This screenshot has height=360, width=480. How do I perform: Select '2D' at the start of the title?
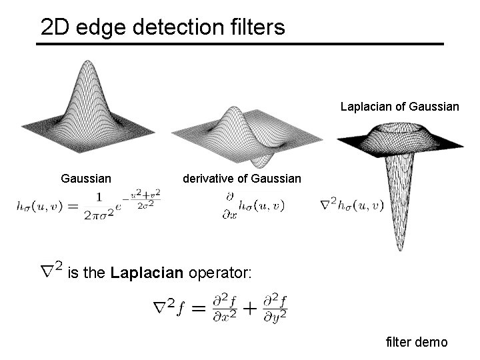pyautogui.click(x=55, y=27)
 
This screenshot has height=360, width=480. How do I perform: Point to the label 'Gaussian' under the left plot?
pyautogui.click(x=86, y=179)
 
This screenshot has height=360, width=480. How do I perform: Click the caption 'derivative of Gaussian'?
pyautogui.click(x=242, y=179)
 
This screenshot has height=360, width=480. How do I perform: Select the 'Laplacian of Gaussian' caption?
pyautogui.click(x=400, y=105)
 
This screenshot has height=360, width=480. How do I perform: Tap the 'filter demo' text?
pyautogui.click(x=417, y=343)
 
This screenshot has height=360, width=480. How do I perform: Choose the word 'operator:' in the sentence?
pyautogui.click(x=221, y=273)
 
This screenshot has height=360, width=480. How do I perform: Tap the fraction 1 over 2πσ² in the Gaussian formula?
pyautogui.click(x=99, y=206)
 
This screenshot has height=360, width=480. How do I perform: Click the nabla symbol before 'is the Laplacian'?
pyautogui.click(x=51, y=270)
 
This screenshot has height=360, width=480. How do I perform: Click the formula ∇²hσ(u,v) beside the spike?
pyautogui.click(x=351, y=203)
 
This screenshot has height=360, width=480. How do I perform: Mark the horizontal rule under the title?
pyautogui.click(x=240, y=44)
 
